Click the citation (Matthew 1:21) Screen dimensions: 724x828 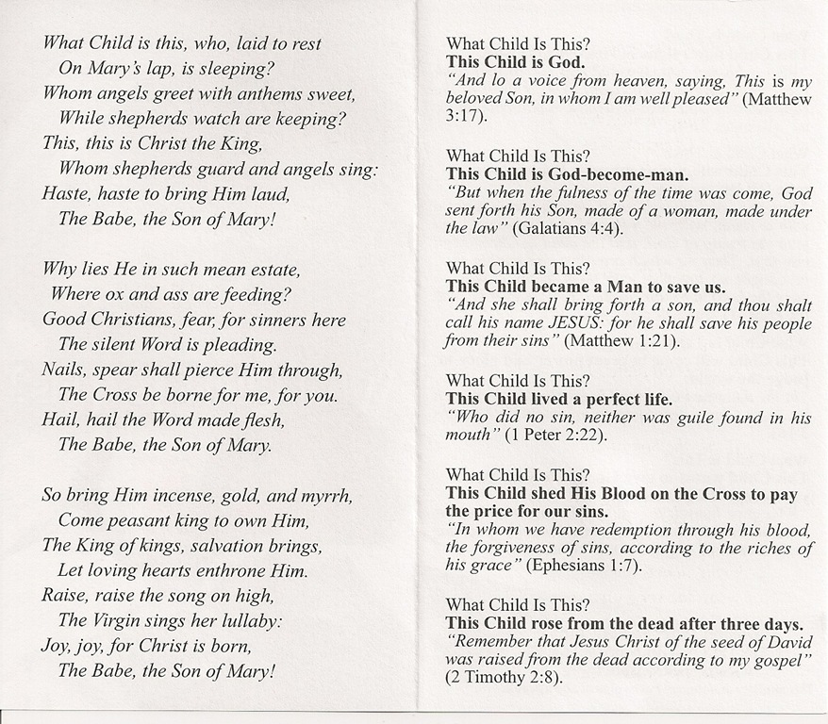(x=621, y=340)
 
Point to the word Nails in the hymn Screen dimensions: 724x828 (x=64, y=370)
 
